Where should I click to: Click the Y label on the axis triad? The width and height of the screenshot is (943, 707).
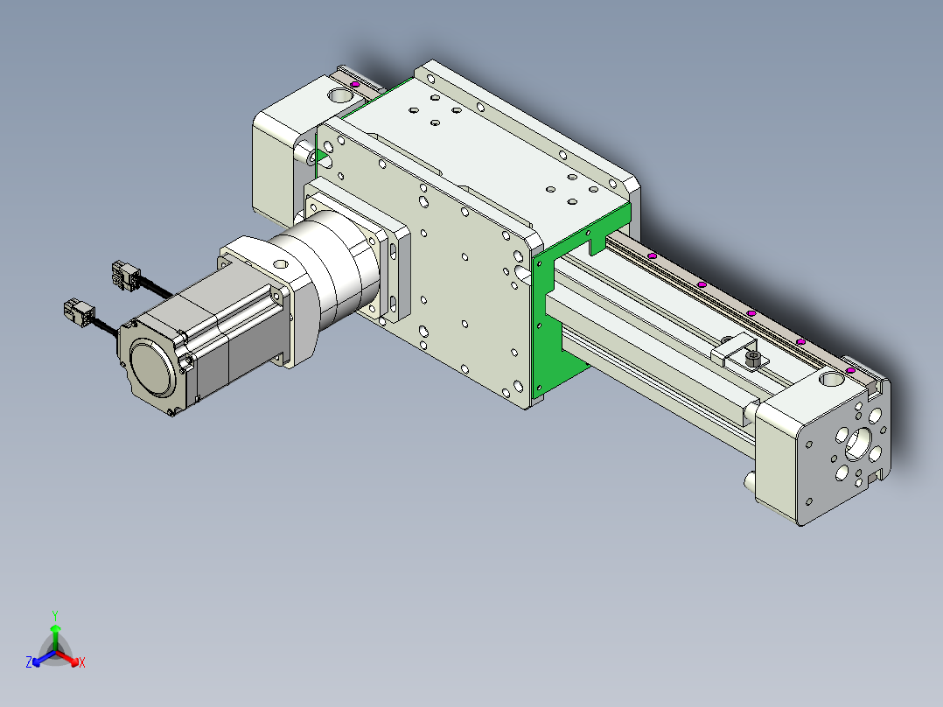(55, 615)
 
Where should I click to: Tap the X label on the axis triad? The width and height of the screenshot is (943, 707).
(82, 662)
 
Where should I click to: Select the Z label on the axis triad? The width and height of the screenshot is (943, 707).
(29, 662)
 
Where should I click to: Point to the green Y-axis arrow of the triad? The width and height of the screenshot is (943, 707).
(55, 637)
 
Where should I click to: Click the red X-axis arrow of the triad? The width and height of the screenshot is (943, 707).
(67, 658)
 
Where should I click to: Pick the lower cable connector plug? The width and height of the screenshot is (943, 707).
(79, 313)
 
